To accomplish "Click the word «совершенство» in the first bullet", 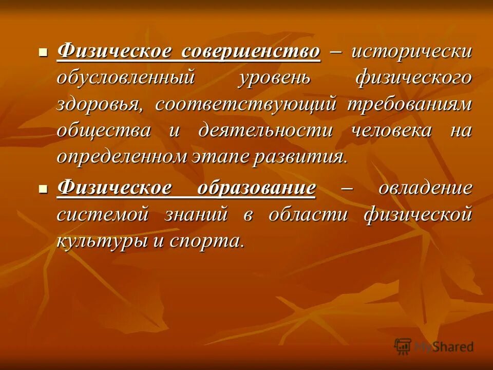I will pyautogui.click(x=252, y=52).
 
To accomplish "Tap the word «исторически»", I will pyautogui.click(x=411, y=52).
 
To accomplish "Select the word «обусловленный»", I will pyautogui.click(x=126, y=78).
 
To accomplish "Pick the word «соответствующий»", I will pyautogui.click(x=246, y=105).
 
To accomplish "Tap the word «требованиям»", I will pyautogui.click(x=409, y=105).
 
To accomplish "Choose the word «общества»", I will pyautogui.click(x=104, y=131).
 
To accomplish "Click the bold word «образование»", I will pyautogui.click(x=256, y=188).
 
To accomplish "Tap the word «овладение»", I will pyautogui.click(x=425, y=188).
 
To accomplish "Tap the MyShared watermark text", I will pyautogui.click(x=445, y=347).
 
